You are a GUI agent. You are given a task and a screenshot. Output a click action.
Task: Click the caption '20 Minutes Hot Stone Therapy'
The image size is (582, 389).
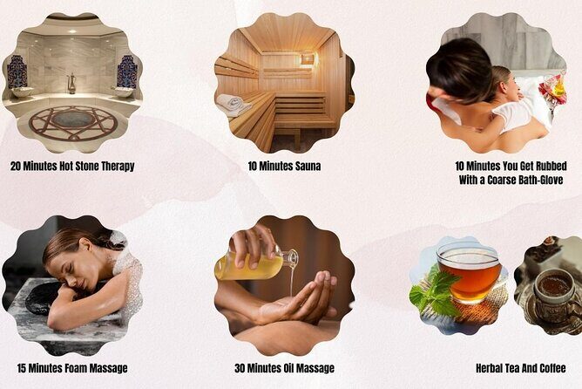(x=72, y=166)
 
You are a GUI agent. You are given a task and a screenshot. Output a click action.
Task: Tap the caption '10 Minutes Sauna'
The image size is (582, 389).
(x=284, y=166)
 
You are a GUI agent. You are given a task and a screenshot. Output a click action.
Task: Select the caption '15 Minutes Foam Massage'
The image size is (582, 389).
(x=72, y=368)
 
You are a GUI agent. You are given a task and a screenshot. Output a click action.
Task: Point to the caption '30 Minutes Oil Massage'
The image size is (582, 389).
(x=284, y=368)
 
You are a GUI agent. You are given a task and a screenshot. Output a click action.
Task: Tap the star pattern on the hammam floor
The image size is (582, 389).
(x=73, y=121)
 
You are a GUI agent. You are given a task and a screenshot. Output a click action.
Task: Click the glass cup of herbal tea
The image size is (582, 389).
(x=468, y=271)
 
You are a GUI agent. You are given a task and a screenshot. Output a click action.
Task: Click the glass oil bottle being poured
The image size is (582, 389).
(x=253, y=264)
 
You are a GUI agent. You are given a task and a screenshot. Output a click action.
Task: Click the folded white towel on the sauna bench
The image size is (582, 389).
(x=233, y=105)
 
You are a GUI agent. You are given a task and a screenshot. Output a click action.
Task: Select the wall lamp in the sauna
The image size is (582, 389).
(x=308, y=58)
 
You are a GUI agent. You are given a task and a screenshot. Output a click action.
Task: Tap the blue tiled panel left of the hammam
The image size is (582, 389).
(x=17, y=72)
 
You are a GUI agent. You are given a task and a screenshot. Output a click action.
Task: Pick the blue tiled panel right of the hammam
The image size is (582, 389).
(x=126, y=71)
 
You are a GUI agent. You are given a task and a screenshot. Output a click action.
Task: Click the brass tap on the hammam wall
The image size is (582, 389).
(x=71, y=84)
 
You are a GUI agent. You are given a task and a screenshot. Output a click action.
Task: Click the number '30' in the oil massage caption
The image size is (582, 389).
(x=240, y=368)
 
